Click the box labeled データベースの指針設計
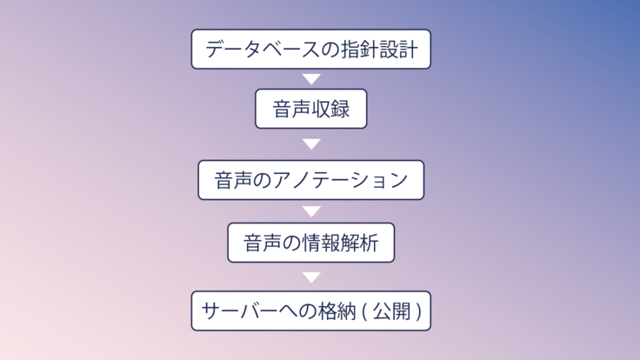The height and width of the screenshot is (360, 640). [310, 49]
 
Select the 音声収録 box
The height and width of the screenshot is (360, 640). [310, 110]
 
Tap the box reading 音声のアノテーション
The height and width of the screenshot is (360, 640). [310, 180]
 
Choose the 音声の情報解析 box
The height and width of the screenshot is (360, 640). [310, 243]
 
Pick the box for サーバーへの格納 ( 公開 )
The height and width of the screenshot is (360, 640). [310, 310]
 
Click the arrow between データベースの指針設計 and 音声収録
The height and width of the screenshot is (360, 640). [310, 79]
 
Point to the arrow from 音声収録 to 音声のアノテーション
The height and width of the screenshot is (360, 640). [310, 143]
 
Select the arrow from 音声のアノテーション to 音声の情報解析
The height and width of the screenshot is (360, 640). [310, 211]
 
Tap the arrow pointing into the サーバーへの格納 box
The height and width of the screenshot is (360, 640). [310, 277]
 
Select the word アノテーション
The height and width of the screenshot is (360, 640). [341, 181]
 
